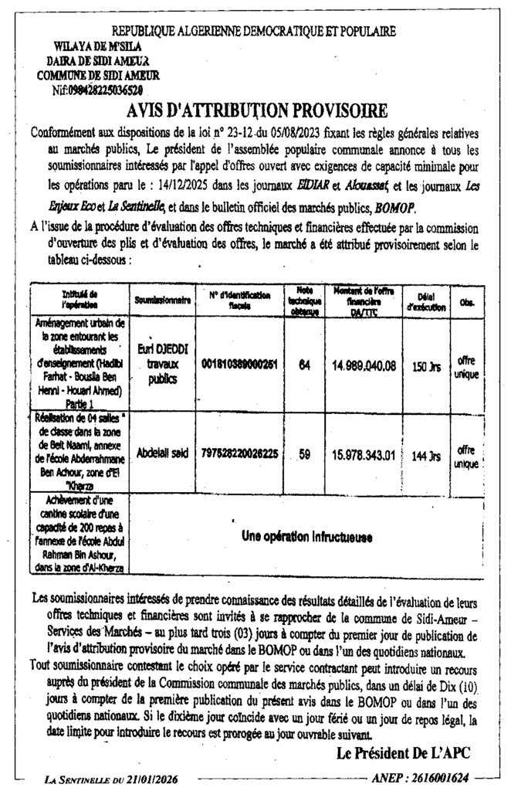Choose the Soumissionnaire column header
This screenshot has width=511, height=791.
point(162,297)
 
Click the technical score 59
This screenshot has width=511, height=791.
point(304,456)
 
